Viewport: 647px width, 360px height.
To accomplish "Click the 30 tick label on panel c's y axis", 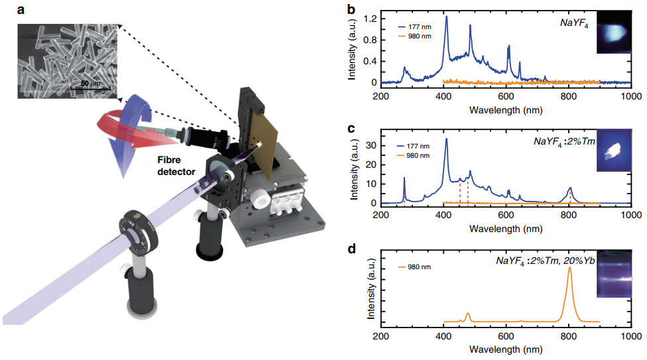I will (370, 145).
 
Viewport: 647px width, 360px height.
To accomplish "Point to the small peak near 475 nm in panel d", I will (468, 314).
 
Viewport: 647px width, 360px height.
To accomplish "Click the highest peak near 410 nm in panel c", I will (446, 139).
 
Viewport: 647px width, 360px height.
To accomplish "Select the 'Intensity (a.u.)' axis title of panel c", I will (353, 166).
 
